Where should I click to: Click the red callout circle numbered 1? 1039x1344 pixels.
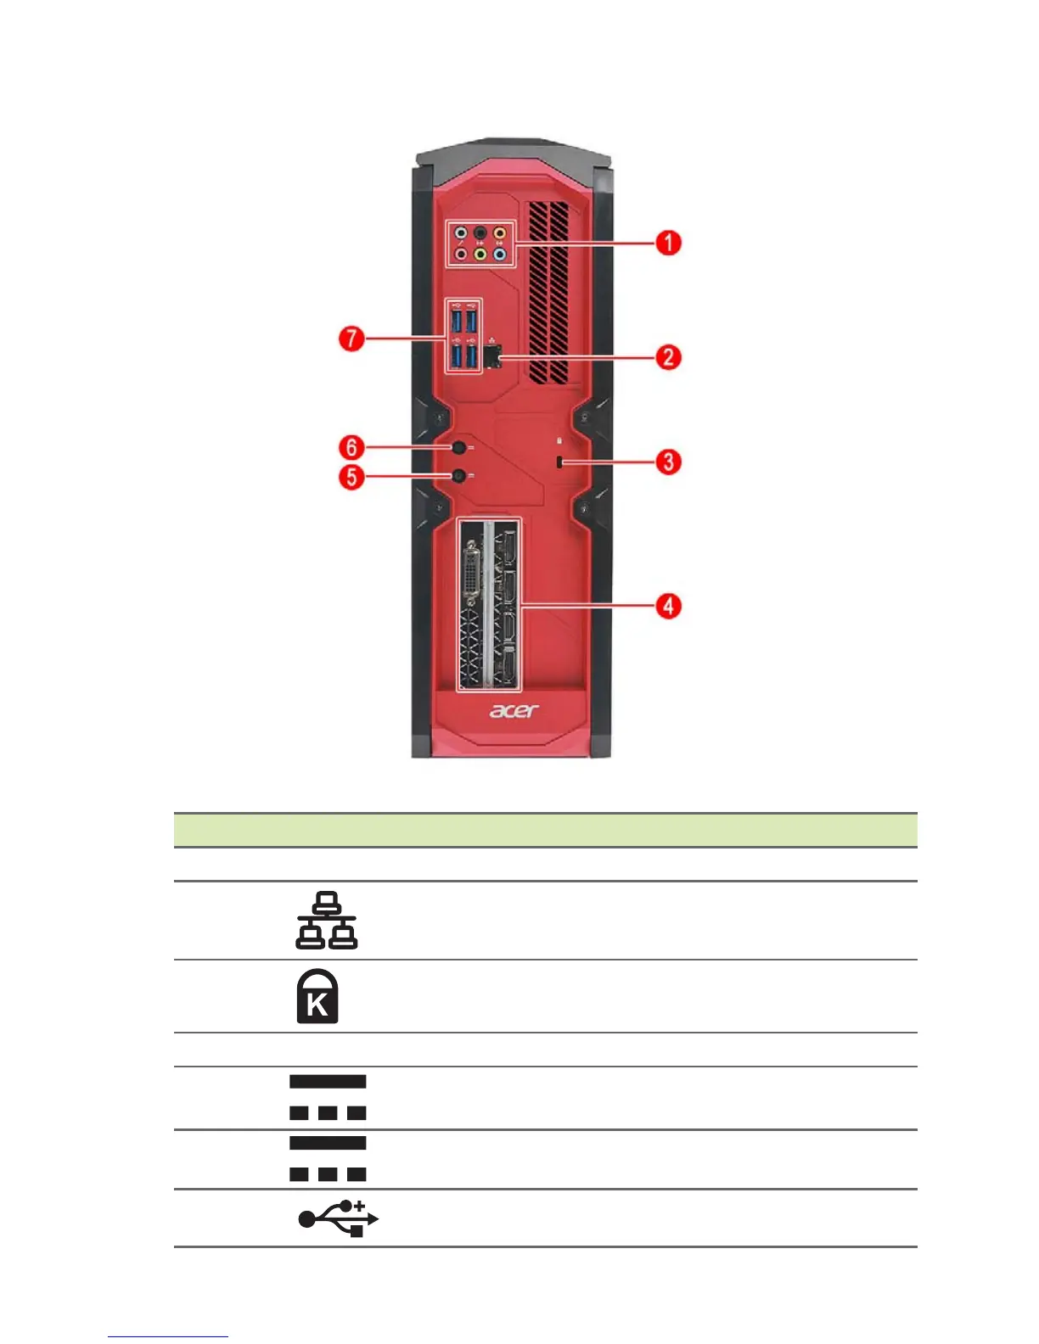coord(668,243)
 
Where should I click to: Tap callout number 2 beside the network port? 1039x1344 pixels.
coord(668,356)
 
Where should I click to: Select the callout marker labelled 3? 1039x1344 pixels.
coord(668,462)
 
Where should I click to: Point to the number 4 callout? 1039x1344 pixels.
coord(668,606)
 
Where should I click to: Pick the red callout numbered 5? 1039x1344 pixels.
coord(352,476)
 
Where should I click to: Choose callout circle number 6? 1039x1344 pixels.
coord(352,447)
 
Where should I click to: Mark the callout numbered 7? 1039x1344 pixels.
coord(352,339)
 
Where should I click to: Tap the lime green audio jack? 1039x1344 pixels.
coord(480,253)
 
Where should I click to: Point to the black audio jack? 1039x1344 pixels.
coord(480,232)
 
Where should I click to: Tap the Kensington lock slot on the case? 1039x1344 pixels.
coord(560,462)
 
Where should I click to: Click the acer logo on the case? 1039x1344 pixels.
coord(514,710)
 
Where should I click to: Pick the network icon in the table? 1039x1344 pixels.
coord(327,921)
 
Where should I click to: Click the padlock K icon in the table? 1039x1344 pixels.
coord(317,996)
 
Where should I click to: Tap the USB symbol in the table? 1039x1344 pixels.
coord(338,1218)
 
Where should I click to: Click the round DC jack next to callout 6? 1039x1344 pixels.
coord(459,447)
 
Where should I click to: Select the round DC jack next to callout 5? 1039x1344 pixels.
coord(459,476)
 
